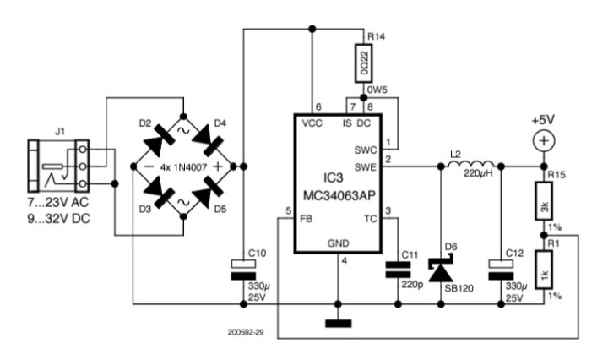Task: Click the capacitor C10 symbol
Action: coord(243,269)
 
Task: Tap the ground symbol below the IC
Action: coord(338,322)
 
